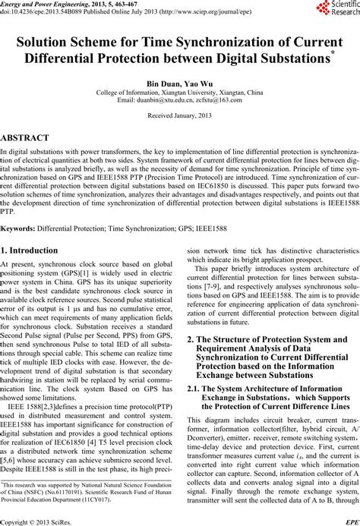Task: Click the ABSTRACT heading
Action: pyautogui.click(x=26, y=137)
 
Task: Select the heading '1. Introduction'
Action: pyautogui.click(x=41, y=229)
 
